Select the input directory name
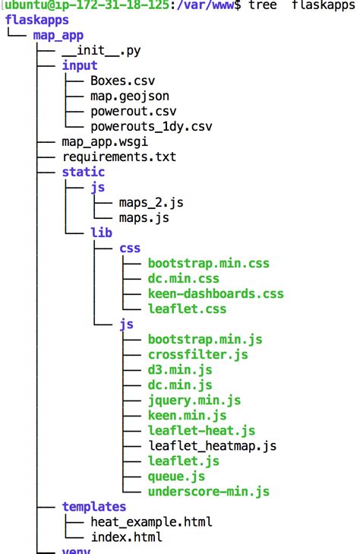(x=80, y=65)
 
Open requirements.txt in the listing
(x=118, y=157)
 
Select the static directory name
(x=84, y=172)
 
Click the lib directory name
(x=101, y=233)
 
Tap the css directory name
(x=130, y=248)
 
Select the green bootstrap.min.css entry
(x=208, y=264)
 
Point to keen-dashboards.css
(x=215, y=294)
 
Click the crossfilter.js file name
(x=197, y=355)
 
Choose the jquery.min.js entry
(x=194, y=400)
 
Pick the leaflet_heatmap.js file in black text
(x=212, y=446)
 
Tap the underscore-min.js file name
(x=208, y=492)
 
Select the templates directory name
(x=94, y=506)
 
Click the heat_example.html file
(x=151, y=522)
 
